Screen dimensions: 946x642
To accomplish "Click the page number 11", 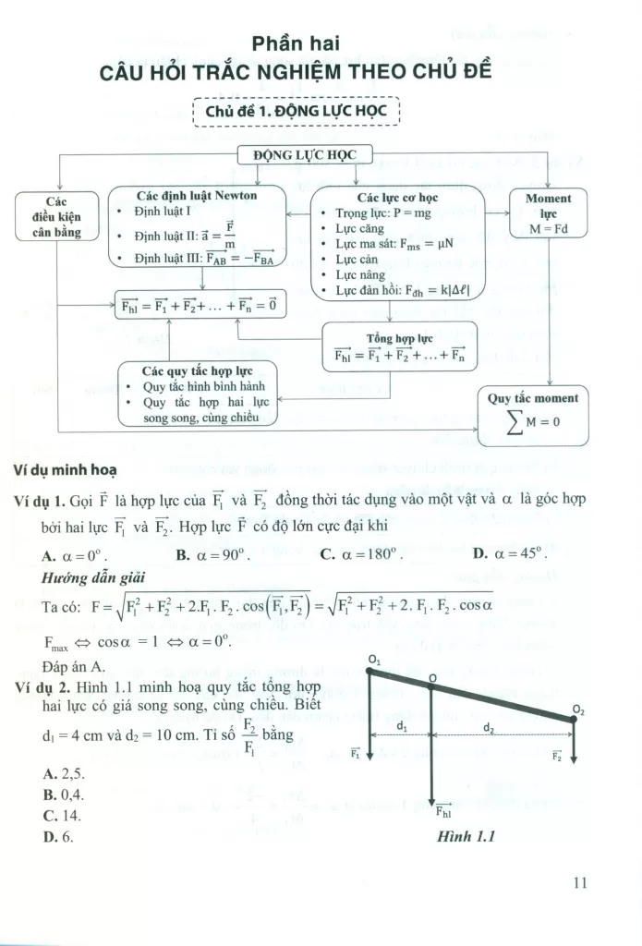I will coord(579,881).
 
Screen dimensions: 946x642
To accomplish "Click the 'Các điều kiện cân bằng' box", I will coord(57,216).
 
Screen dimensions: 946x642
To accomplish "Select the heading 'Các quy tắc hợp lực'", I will coord(198,370).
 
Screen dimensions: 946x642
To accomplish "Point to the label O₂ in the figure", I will coord(578,709).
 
